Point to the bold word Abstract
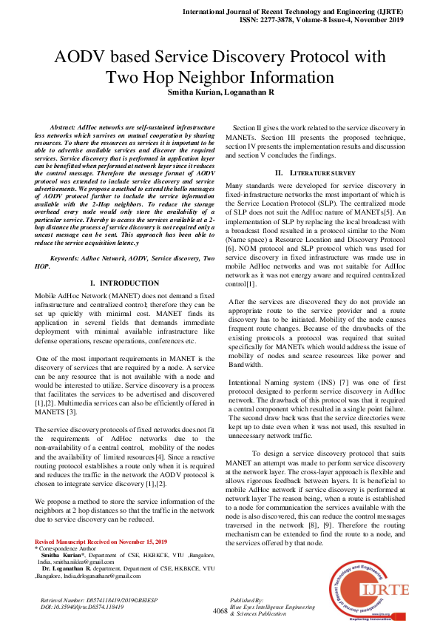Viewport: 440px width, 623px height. [62, 128]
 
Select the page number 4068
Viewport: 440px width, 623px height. [220, 610]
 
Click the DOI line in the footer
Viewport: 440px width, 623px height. [81, 607]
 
